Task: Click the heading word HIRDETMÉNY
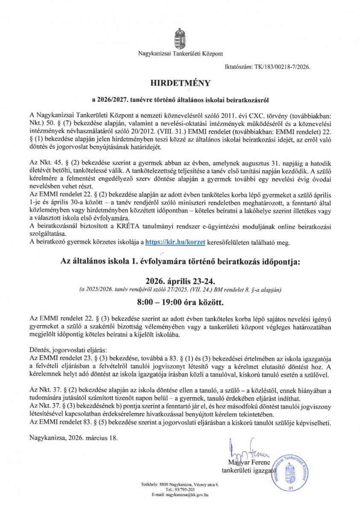(180, 82)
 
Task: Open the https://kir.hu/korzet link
(176, 242)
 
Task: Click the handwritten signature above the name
(248, 446)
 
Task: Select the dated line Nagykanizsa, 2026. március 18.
(73, 437)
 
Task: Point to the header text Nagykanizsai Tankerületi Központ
(180, 54)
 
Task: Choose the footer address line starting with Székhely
(180, 485)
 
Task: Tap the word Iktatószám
(238, 67)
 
